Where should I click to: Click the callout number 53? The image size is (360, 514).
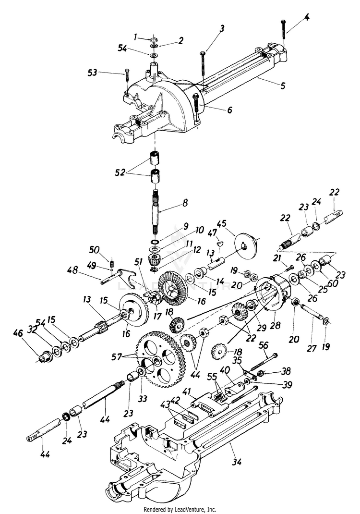(91, 73)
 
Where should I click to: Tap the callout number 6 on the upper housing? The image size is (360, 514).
(229, 110)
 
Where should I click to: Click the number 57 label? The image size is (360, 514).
(117, 357)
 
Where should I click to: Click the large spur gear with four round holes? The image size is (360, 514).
(158, 360)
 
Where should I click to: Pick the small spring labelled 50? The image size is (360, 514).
(112, 263)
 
